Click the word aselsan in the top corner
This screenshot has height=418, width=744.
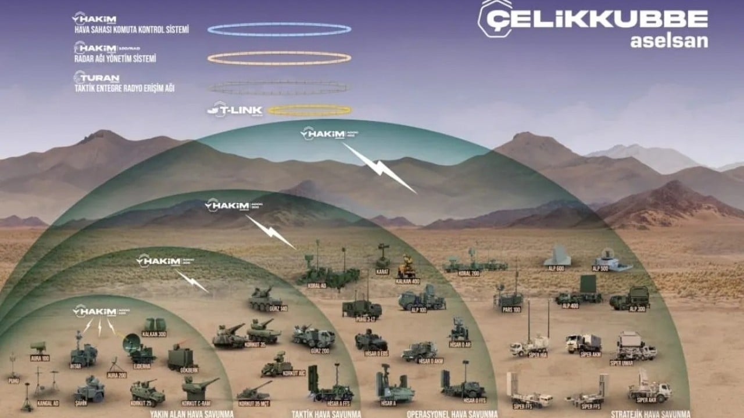(x=668, y=41)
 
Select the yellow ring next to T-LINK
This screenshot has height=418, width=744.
(x=310, y=110)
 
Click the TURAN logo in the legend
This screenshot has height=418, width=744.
(x=96, y=78)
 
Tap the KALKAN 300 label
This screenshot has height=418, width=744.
(x=153, y=334)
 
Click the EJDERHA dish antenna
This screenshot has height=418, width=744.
(x=131, y=344)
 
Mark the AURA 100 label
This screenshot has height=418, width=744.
(x=40, y=358)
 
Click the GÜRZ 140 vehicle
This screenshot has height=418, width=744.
(x=265, y=299)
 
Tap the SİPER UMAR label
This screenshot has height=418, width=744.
(x=621, y=363)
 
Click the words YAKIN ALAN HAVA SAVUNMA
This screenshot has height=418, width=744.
(x=191, y=414)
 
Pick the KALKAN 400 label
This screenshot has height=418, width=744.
(x=407, y=282)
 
